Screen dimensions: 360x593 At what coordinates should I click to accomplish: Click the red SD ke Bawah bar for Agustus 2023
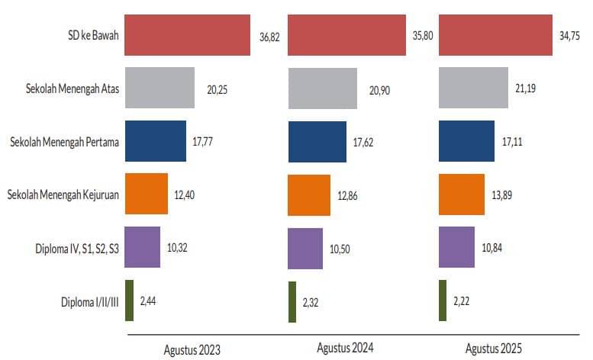[187, 35]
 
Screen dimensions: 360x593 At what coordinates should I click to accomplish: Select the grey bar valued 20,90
[322, 88]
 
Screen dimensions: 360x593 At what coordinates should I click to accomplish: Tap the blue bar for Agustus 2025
[466, 141]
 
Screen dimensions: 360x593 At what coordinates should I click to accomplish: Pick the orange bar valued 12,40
[146, 194]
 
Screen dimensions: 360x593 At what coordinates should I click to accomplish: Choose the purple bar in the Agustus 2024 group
[305, 248]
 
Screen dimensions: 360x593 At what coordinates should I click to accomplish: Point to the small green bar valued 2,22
[443, 301]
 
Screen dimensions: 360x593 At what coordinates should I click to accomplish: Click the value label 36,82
[269, 37]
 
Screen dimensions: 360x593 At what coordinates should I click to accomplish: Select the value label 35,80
[423, 37]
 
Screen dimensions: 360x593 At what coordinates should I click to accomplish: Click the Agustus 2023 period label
[192, 350]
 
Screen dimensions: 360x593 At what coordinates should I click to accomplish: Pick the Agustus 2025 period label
[494, 349]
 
